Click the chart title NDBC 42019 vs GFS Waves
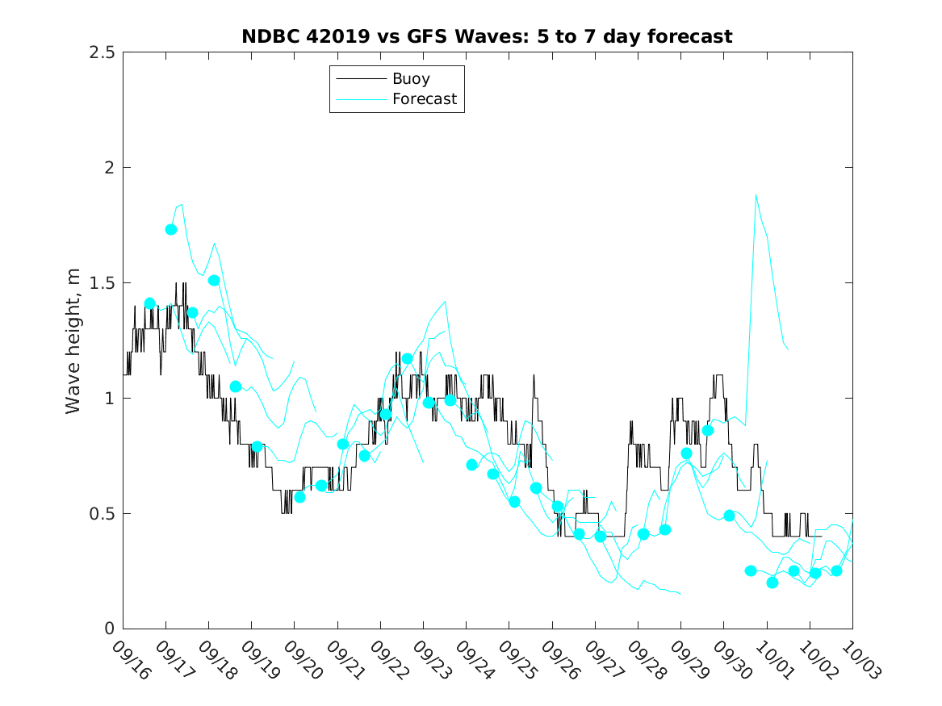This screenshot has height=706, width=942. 487,37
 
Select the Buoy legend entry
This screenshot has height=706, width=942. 411,79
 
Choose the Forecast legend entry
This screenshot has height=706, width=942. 424,99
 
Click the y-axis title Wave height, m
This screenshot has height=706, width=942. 73,340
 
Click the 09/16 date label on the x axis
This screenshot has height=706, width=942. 130,660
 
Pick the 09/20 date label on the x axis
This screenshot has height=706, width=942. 301,660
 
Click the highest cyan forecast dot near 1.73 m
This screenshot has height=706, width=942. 171,229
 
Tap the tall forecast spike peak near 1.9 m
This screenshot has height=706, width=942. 756,194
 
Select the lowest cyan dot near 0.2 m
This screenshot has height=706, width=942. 772,583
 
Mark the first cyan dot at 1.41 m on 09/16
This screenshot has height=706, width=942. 149,303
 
